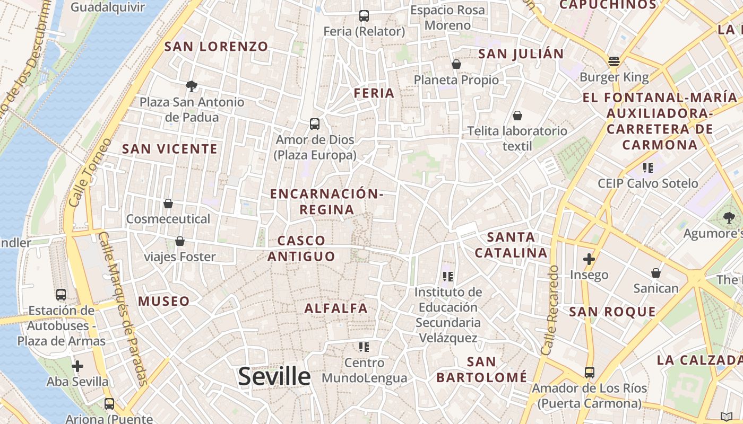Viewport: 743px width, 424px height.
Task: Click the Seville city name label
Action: (274, 376)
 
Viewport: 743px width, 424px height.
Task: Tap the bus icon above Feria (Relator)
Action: (364, 16)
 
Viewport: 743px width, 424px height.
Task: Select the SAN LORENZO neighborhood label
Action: (216, 47)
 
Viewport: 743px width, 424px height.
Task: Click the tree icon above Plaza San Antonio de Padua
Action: (192, 86)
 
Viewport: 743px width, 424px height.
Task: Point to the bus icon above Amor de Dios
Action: (315, 124)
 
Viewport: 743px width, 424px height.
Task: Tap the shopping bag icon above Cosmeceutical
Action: (168, 204)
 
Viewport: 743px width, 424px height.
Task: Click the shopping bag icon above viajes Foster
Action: (180, 241)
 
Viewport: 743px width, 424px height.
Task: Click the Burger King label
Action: (614, 77)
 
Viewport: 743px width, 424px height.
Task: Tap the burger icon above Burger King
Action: (614, 61)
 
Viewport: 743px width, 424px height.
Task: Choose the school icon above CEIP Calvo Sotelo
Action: (647, 168)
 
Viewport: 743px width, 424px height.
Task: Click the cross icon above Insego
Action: (589, 259)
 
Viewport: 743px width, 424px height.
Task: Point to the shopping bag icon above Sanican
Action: (656, 273)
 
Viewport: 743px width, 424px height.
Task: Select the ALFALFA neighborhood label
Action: (336, 308)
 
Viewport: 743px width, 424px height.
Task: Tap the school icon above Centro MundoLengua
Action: (364, 347)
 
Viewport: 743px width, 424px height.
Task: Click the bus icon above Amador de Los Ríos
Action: (589, 373)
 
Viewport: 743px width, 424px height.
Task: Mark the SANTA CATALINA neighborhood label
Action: (511, 245)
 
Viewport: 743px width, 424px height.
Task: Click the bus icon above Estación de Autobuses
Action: (61, 294)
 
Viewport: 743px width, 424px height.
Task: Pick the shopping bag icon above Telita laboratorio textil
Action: (517, 115)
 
